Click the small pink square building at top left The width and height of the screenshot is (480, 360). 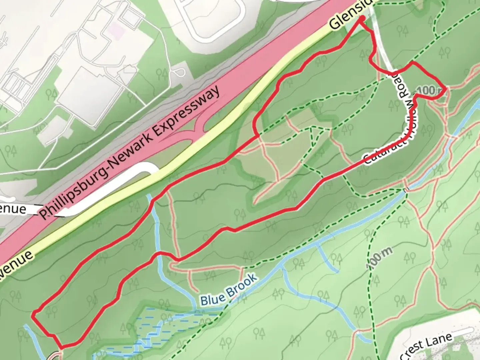pos(115,27)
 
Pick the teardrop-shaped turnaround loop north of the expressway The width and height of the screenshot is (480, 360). pos(179,72)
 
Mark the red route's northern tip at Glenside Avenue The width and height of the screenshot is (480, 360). pos(361,21)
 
